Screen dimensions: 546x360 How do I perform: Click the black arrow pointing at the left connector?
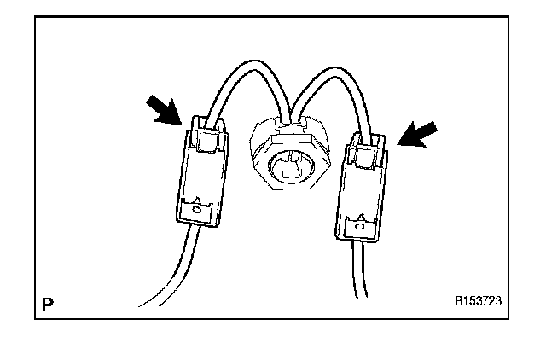tap(166, 109)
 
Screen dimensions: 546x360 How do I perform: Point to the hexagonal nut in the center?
tap(290, 159)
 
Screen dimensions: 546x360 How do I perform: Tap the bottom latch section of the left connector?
tap(199, 209)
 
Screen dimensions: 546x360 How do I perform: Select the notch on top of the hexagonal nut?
tap(290, 129)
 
